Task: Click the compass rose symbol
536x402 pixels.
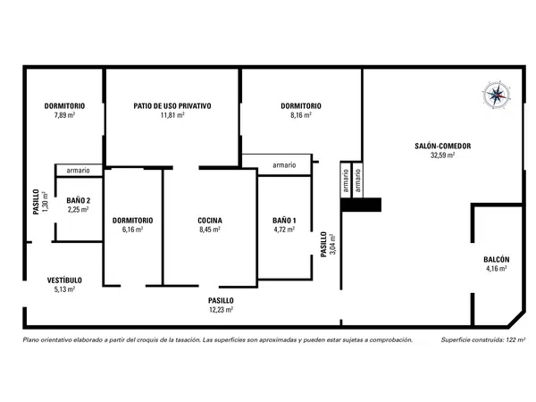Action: (x=497, y=94)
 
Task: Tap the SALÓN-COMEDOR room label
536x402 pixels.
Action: (x=443, y=147)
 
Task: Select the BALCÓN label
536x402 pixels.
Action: (x=497, y=260)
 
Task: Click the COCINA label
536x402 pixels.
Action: (x=210, y=221)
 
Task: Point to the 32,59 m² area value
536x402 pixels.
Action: (x=442, y=155)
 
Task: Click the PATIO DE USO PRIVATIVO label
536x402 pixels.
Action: (x=172, y=106)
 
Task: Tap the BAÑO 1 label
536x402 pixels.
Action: (x=284, y=221)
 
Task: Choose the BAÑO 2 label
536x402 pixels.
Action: (x=79, y=201)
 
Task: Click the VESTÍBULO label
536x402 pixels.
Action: (x=64, y=281)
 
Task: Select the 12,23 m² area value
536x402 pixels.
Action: (x=222, y=310)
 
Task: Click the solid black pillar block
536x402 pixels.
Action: (x=361, y=205)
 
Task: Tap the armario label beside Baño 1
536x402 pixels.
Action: (x=284, y=165)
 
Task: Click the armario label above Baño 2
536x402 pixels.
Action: (x=79, y=171)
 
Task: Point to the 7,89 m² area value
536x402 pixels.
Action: (x=64, y=115)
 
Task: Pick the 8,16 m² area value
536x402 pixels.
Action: (x=301, y=115)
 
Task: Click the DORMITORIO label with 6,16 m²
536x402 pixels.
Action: (x=132, y=221)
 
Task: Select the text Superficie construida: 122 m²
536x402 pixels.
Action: (x=483, y=340)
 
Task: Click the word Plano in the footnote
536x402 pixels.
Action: (x=29, y=340)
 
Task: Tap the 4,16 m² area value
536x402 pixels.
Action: (x=497, y=269)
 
